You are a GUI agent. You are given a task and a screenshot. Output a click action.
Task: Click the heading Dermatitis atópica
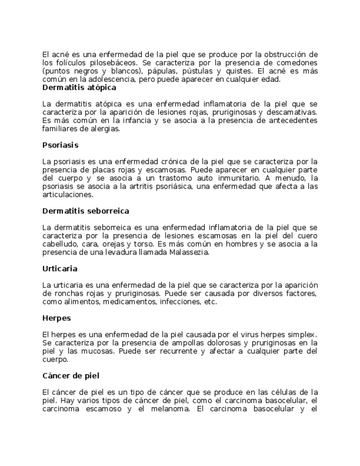pyautogui.click(x=79, y=87)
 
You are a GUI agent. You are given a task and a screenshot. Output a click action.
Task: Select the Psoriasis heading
pyautogui.click(x=60, y=145)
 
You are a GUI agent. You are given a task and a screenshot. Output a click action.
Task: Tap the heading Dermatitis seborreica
pyautogui.click(x=86, y=211)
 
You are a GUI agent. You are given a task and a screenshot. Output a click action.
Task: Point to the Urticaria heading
pyautogui.click(x=60, y=269)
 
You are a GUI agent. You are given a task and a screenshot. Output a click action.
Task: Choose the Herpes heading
pyautogui.click(x=57, y=318)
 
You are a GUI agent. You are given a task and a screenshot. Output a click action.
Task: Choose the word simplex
pyautogui.click(x=302, y=335)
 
